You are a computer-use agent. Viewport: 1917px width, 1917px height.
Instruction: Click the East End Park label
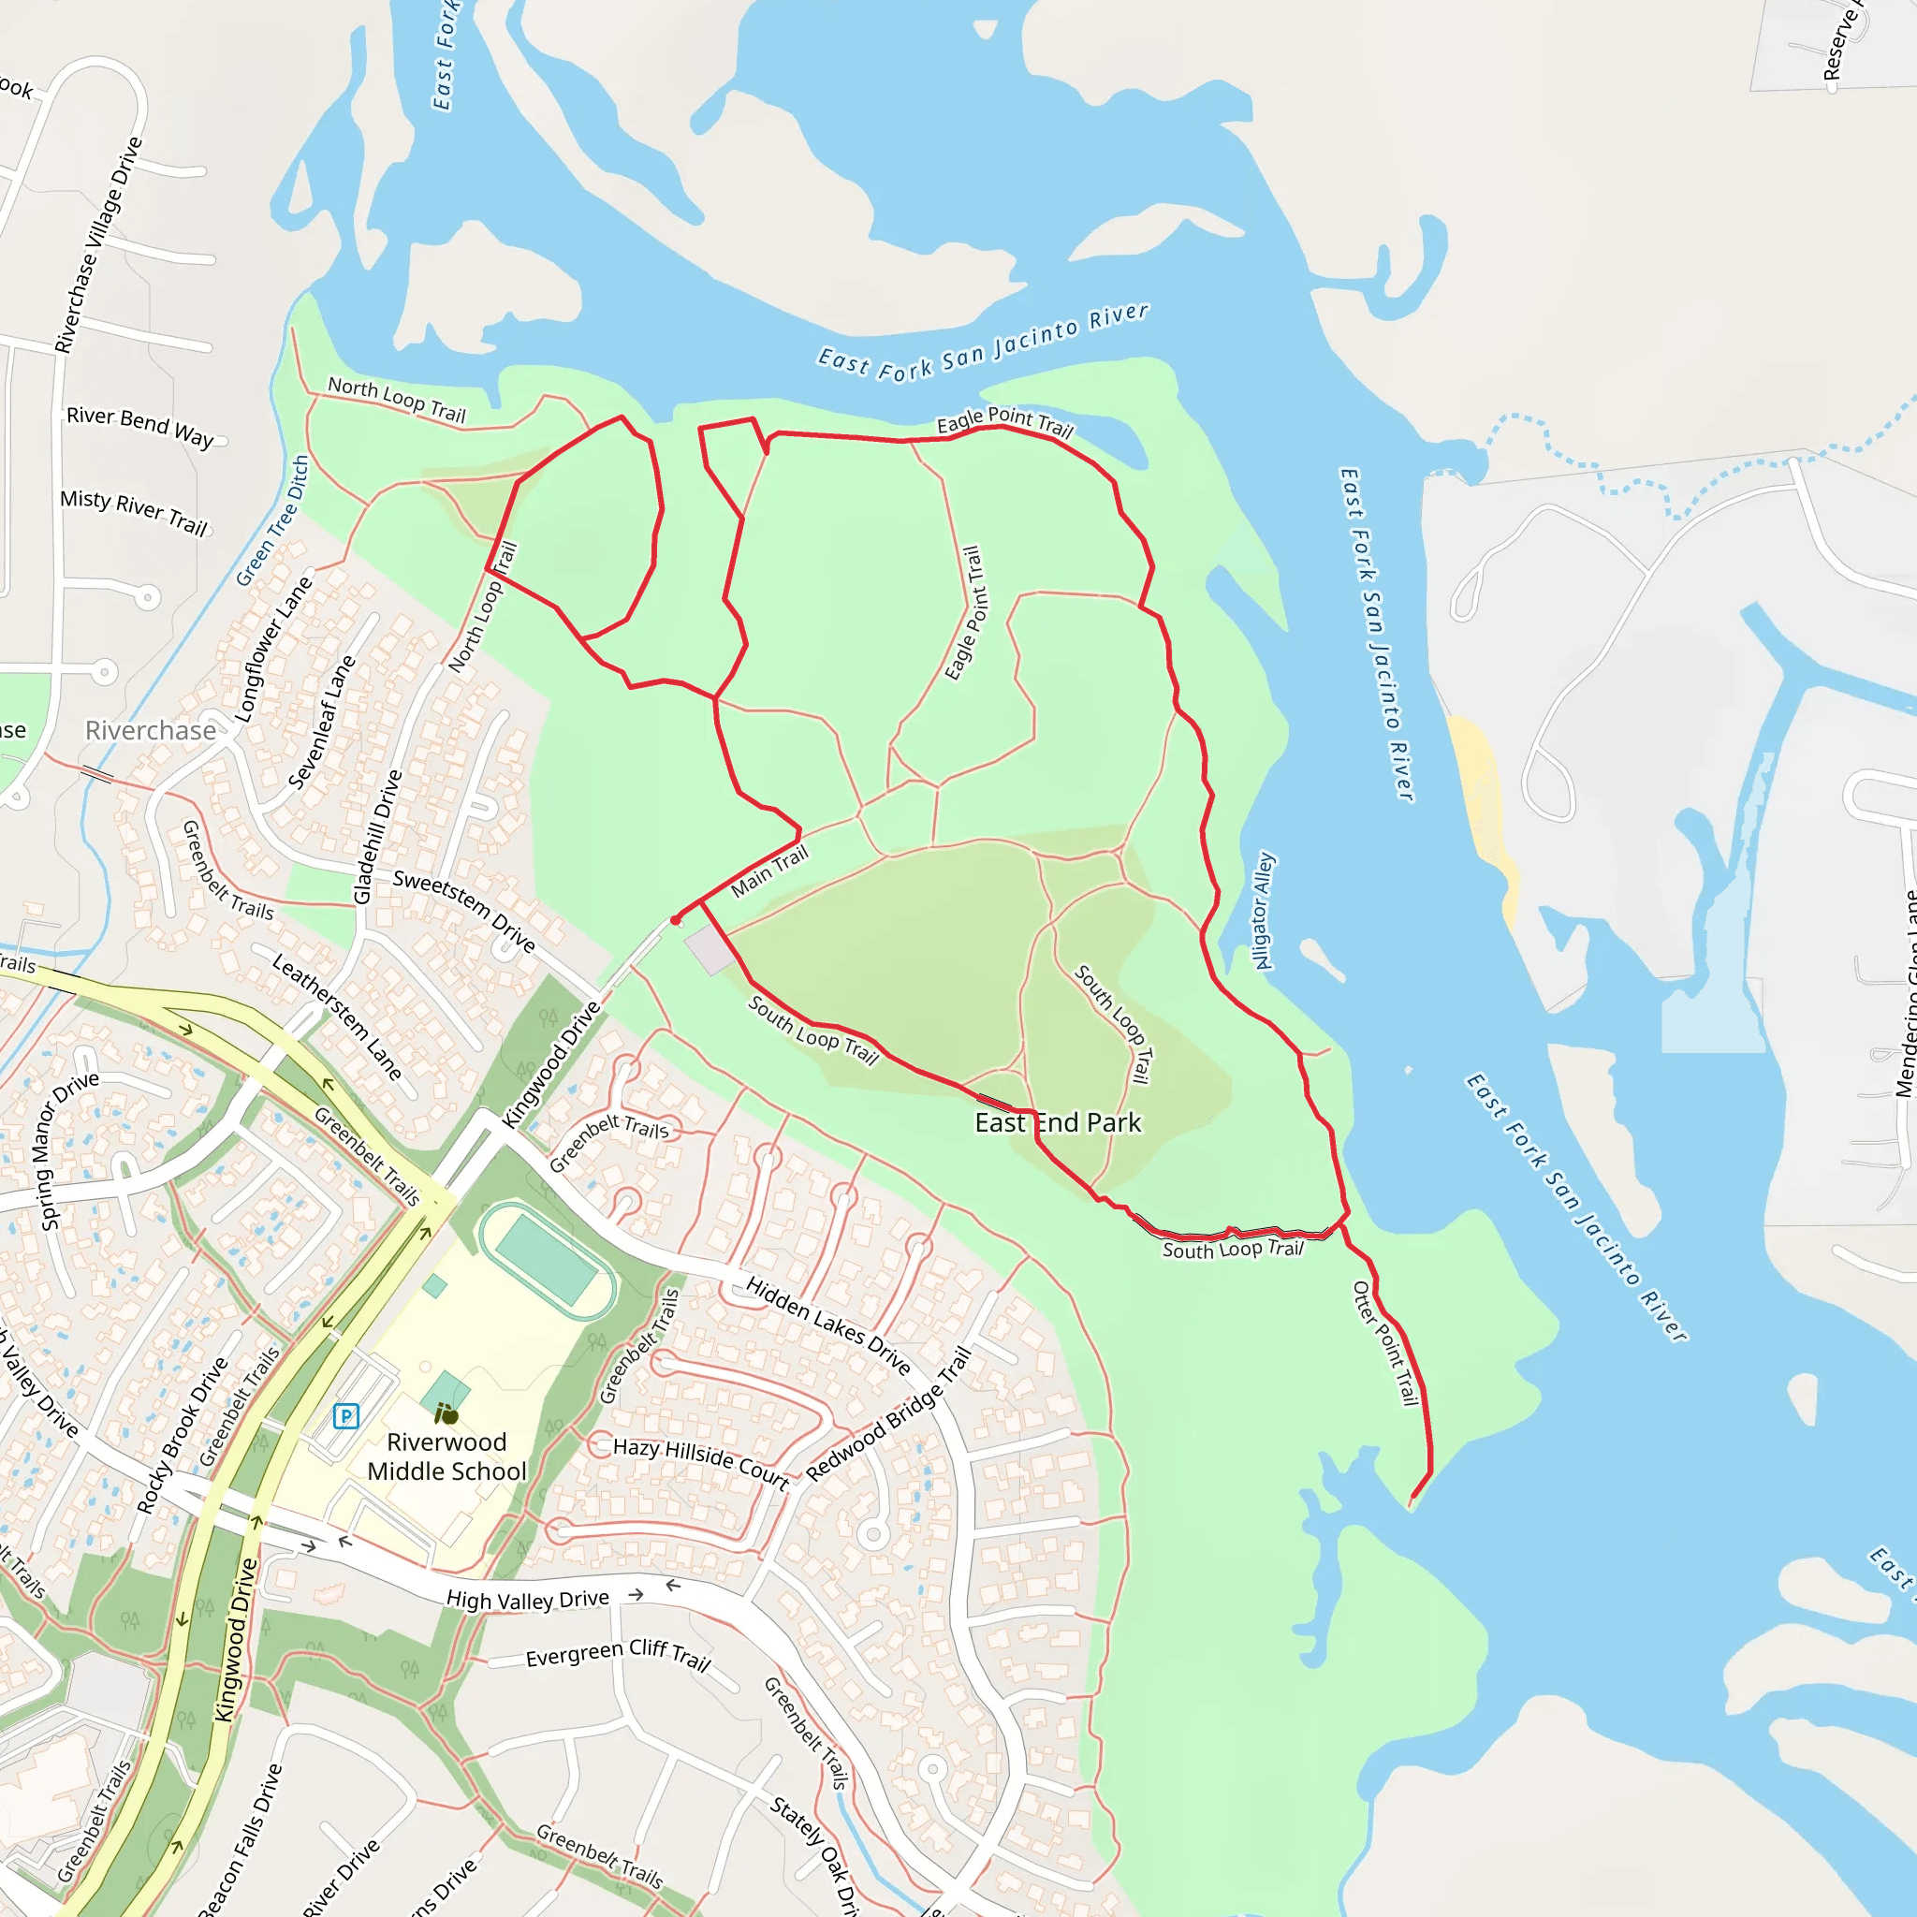(1058, 1122)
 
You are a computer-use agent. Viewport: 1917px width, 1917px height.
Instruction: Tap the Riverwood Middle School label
(446, 1456)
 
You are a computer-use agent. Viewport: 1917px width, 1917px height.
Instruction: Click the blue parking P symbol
(345, 1416)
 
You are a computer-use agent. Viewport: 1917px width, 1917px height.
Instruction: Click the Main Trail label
(769, 871)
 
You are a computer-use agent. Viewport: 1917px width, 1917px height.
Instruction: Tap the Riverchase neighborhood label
(151, 730)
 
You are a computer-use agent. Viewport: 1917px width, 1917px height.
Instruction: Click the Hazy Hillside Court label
(700, 1463)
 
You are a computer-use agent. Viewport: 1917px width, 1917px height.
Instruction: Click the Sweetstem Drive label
(463, 910)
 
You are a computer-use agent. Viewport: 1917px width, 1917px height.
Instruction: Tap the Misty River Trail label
(134, 512)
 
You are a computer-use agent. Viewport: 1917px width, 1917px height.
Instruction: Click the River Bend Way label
(139, 427)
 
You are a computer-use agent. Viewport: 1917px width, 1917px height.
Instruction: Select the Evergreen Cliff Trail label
(617, 1653)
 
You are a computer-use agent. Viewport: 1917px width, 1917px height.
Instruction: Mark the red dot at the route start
(676, 921)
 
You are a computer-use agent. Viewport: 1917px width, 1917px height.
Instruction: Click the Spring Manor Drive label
(68, 1150)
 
